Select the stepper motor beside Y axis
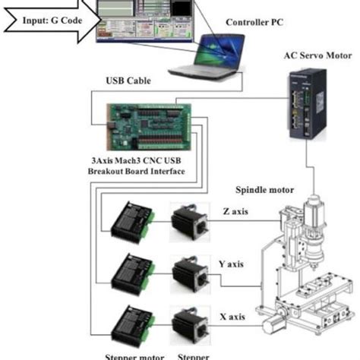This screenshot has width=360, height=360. [190, 271]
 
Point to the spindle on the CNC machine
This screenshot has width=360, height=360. [312, 232]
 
